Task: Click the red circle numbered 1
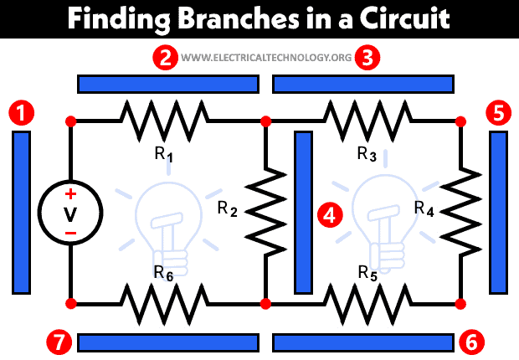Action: pyautogui.click(x=20, y=112)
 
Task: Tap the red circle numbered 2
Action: pyautogui.click(x=167, y=59)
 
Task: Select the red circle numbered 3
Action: pyautogui.click(x=366, y=59)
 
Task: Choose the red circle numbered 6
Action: pyautogui.click(x=470, y=342)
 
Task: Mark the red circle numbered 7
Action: pyautogui.click(x=59, y=342)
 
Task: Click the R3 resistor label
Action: pyautogui.click(x=367, y=154)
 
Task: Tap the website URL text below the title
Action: pyautogui.click(x=266, y=59)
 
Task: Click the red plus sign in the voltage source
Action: pyautogui.click(x=70, y=193)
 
